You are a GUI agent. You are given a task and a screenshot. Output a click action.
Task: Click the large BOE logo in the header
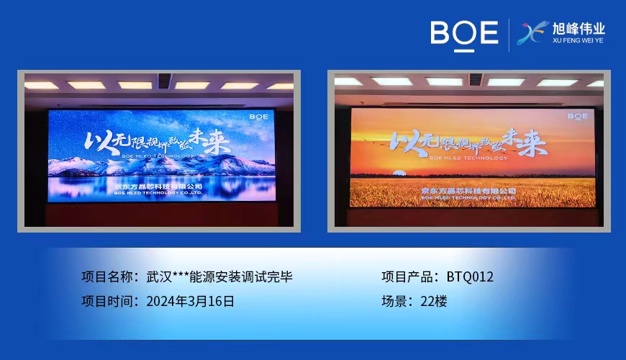[x=464, y=33]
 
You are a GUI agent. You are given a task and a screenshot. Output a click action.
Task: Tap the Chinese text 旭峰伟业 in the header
[x=579, y=30]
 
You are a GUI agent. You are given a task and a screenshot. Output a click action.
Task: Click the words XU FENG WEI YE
[x=579, y=41]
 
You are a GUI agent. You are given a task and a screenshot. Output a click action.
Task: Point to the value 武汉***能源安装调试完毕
[x=219, y=276]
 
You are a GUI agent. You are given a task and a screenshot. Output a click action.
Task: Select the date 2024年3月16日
[x=190, y=301]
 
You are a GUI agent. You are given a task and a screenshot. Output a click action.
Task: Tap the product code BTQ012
[x=470, y=276]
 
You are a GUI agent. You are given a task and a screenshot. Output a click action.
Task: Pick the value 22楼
[x=434, y=301]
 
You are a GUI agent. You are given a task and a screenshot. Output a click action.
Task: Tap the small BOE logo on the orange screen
[x=577, y=115]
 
